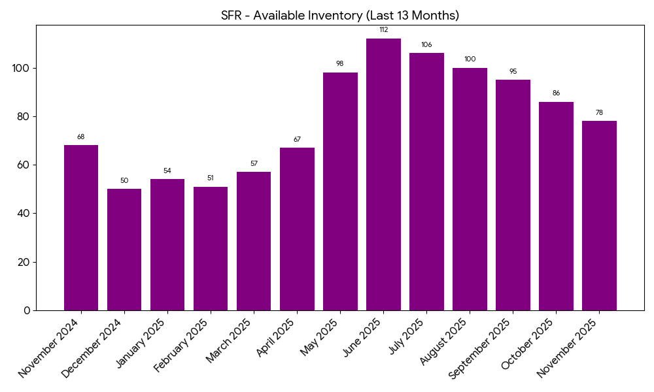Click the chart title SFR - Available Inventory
pos(340,15)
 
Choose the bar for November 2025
pos(599,216)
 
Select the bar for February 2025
pos(211,248)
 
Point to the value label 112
pos(383,29)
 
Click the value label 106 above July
pos(426,44)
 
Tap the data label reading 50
pos(124,180)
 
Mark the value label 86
pos(556,93)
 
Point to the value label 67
pos(297,139)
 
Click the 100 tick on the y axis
pos(21,68)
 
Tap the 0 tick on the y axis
pos(27,310)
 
